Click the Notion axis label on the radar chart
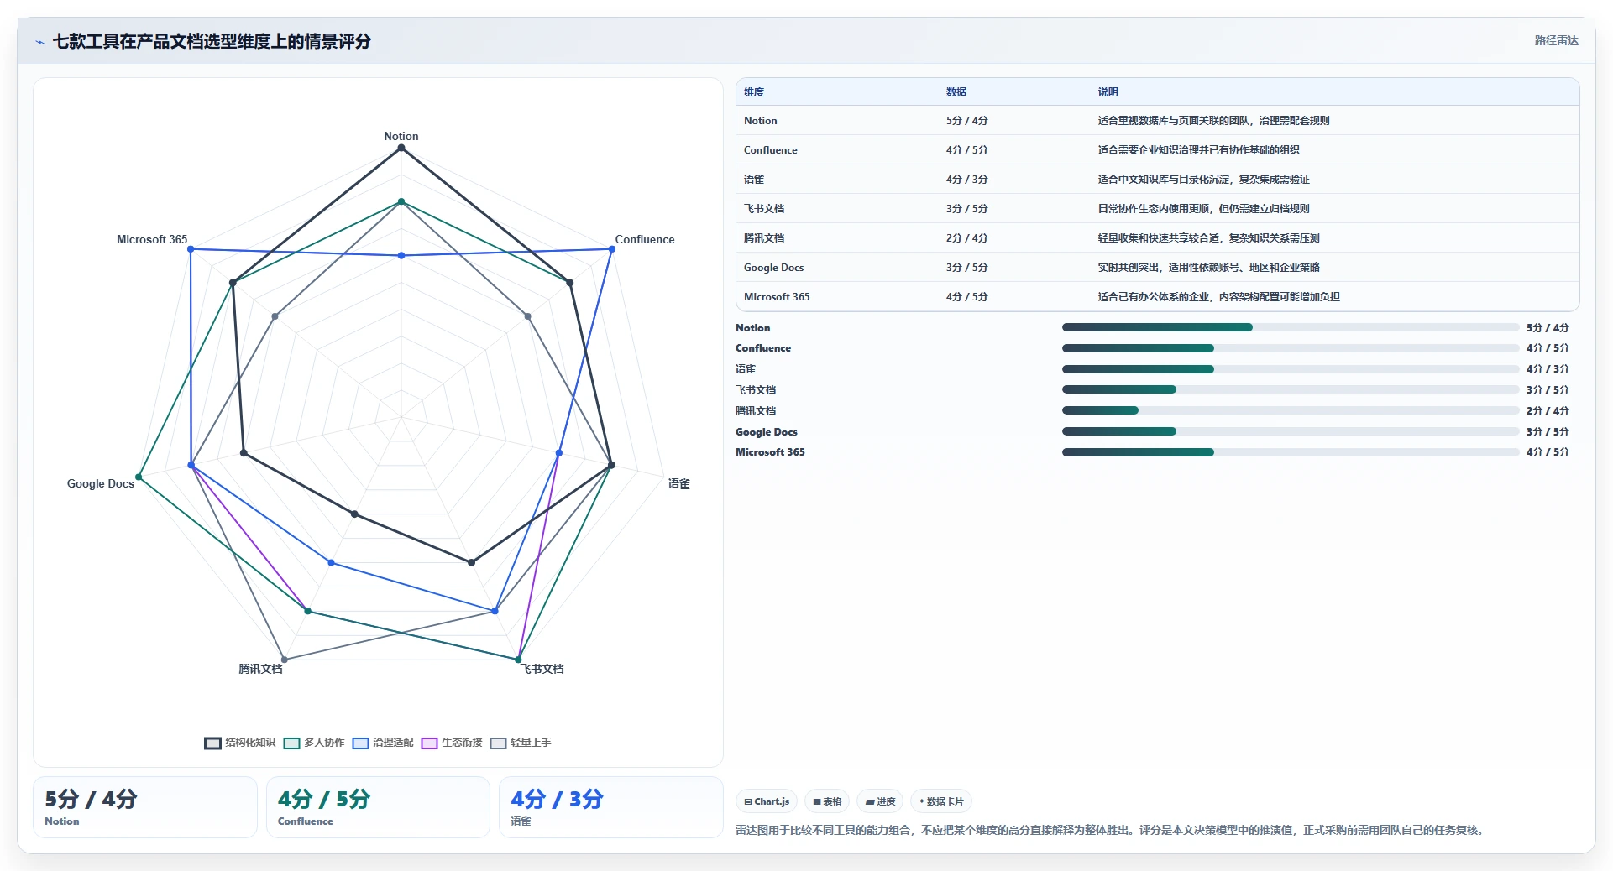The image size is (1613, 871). tap(401, 136)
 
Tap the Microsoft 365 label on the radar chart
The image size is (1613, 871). tap(152, 239)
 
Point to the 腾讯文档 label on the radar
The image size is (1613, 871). tap(260, 669)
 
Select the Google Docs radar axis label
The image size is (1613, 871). tap(101, 483)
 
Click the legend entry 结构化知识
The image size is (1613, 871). tap(240, 743)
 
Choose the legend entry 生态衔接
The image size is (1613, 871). tap(452, 743)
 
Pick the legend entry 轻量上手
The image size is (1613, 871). tap(521, 743)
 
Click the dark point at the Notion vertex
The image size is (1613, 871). tap(401, 148)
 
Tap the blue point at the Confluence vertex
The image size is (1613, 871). tap(612, 249)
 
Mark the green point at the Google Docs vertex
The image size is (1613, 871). tap(139, 477)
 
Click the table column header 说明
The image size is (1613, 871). tap(1108, 92)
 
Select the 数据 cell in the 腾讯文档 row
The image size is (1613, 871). tap(966, 238)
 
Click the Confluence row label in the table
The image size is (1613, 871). tap(770, 150)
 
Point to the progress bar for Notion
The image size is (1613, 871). tap(1291, 327)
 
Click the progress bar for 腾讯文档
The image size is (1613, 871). tap(1291, 410)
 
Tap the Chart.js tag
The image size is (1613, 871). tap(767, 801)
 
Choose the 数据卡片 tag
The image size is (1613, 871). tap(940, 801)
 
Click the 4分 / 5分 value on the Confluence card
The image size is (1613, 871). tap(324, 799)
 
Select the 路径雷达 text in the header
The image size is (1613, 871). tap(1556, 40)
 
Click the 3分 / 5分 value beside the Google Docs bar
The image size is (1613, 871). tap(1548, 432)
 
